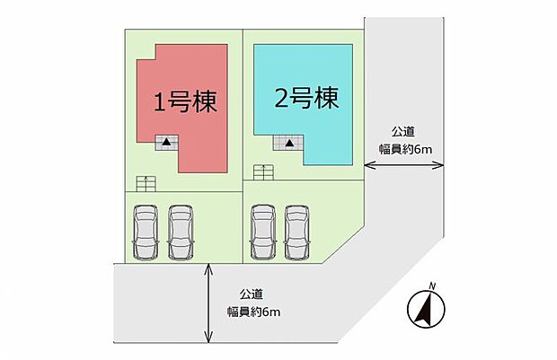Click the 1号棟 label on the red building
185,101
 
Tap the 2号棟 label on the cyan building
306,98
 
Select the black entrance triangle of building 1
166,143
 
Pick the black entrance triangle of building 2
290,143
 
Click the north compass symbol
426,308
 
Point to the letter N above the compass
432,285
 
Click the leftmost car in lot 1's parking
145,232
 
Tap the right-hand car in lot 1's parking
181,232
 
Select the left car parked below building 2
263,232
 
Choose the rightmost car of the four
297,232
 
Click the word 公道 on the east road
403,132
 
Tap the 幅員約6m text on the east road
405,149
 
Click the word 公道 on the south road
252,294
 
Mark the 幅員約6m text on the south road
253,312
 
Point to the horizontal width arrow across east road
404,164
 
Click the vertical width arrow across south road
208,303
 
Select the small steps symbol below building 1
146,183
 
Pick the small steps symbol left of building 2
263,172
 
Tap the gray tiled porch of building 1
166,143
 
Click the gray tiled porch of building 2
287,143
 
